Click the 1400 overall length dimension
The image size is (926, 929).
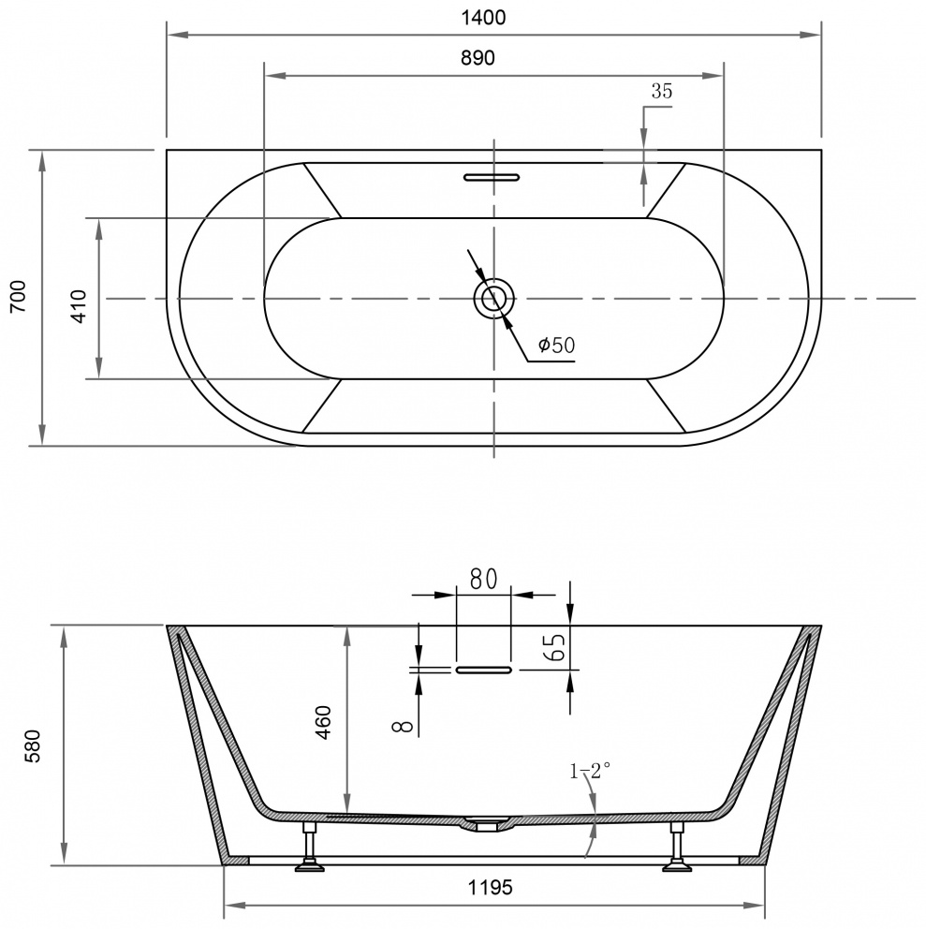483,18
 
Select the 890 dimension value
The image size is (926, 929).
478,58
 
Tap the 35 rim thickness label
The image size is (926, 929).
662,91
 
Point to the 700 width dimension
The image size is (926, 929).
19,296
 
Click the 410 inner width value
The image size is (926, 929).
79,306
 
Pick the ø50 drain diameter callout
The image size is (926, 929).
556,345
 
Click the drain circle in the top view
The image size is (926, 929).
493,298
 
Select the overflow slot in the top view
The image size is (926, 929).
492,177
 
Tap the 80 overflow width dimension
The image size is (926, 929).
483,579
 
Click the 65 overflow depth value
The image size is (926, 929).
557,647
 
